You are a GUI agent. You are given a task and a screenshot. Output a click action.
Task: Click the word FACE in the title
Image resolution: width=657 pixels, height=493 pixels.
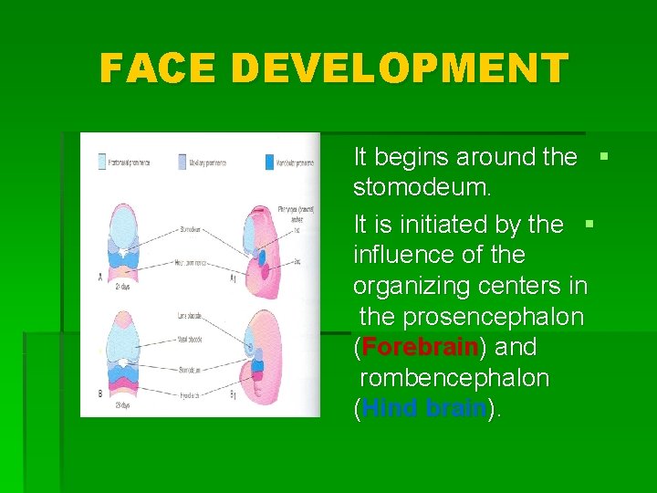(x=158, y=68)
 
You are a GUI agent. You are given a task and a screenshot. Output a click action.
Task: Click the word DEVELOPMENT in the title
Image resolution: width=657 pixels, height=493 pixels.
(x=400, y=68)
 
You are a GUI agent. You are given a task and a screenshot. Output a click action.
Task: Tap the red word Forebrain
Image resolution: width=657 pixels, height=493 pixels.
(x=420, y=348)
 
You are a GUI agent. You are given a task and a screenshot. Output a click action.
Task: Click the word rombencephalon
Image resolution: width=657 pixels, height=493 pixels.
(x=454, y=378)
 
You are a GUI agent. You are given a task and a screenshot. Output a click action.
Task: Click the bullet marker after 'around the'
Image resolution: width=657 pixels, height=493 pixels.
(x=603, y=156)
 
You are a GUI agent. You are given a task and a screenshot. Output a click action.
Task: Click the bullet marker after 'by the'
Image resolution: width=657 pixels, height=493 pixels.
(x=589, y=222)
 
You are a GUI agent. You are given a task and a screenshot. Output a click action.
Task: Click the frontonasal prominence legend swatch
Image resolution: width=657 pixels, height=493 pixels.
(x=101, y=163)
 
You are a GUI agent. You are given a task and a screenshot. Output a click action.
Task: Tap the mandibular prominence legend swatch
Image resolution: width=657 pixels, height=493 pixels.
(x=269, y=163)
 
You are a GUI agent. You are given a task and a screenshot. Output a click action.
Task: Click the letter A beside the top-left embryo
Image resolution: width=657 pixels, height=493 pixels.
(x=99, y=277)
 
